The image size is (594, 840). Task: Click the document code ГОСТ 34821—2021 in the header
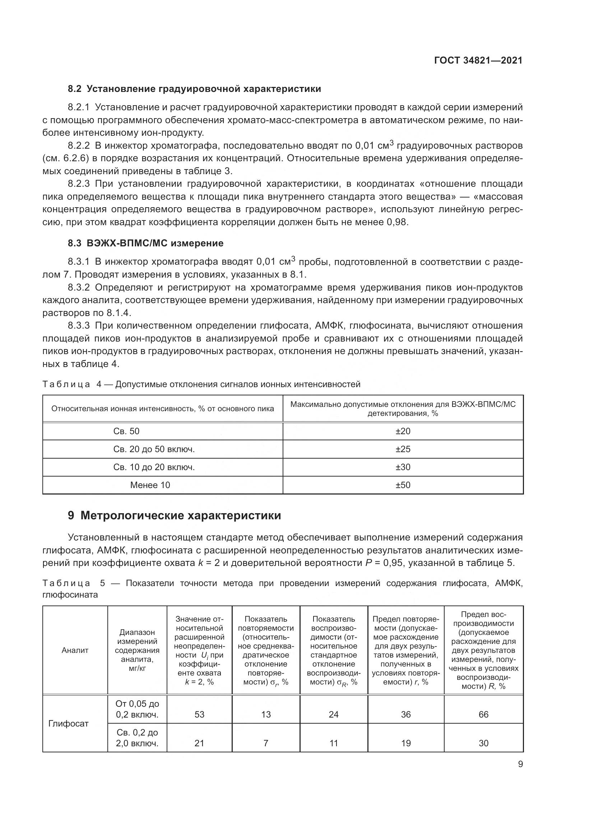pos(478,60)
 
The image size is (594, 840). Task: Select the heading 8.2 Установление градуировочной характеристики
pos(194,89)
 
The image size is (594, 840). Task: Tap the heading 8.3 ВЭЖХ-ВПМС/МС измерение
pos(145,243)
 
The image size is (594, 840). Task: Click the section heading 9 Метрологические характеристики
pos(174,515)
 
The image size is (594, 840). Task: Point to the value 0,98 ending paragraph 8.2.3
pos(397,222)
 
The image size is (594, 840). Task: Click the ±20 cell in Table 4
pos(403,431)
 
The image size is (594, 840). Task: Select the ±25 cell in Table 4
pos(403,449)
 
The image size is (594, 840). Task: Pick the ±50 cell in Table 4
pos(403,485)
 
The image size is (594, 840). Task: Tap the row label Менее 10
pos(150,485)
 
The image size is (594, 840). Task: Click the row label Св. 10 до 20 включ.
pos(154,467)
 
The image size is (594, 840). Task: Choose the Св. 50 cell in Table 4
pos(126,431)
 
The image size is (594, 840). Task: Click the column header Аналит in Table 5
pos(75,650)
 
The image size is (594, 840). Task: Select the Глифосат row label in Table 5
pos(68,723)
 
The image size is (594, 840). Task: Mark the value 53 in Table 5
pos(199,714)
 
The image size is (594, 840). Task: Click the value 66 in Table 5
pos(483,714)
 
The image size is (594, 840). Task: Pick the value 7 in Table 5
pos(265,743)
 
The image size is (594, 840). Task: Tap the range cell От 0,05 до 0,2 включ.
pos(137,709)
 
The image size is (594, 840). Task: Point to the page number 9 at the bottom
pos(520,764)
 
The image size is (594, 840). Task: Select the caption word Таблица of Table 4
pos(66,384)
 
